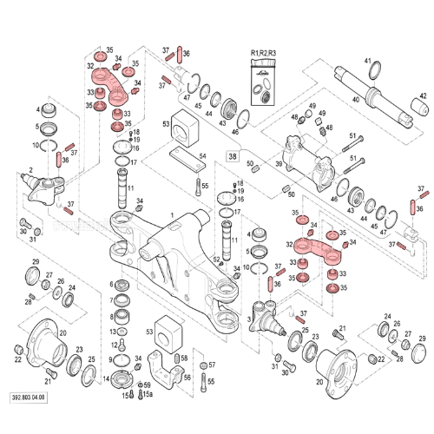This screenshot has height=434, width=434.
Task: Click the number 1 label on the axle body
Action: coord(172,215)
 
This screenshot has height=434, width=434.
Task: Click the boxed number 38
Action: coord(232,156)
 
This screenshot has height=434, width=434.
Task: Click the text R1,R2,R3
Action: coord(262,54)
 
